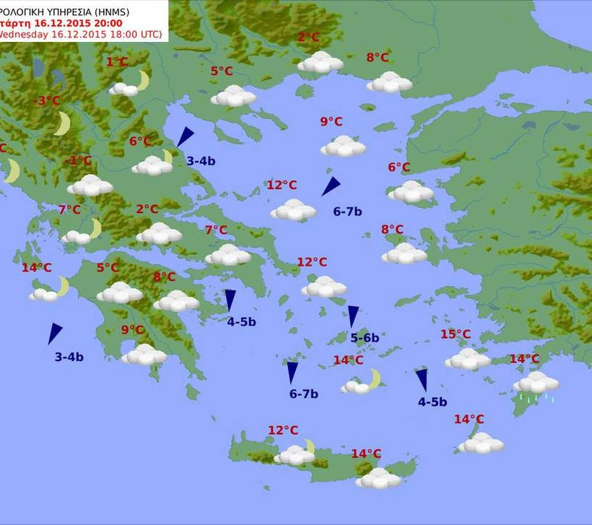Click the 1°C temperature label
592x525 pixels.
(117, 62)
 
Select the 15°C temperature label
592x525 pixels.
(456, 334)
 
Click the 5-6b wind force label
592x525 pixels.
(365, 337)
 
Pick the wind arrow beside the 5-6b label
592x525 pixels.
(353, 316)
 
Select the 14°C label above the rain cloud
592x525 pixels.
(524, 359)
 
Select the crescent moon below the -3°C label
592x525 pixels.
(63, 123)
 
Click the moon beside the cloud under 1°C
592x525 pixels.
(143, 80)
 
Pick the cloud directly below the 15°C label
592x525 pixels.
(467, 359)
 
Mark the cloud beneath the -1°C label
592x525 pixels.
(90, 185)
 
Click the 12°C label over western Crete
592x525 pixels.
(283, 430)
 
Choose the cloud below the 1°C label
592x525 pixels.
(123, 89)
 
